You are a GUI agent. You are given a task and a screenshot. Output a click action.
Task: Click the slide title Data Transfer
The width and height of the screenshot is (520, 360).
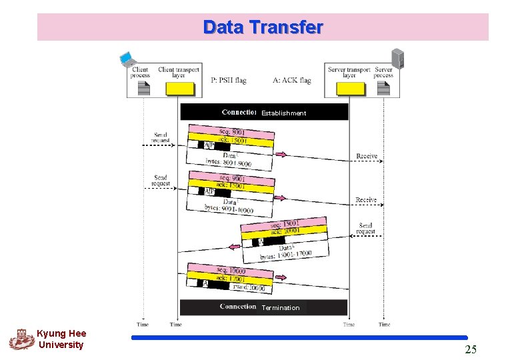263,27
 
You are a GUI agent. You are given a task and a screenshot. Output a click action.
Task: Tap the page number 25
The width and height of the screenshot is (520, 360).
471,349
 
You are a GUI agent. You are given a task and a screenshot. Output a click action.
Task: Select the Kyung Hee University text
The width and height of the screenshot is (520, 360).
61,339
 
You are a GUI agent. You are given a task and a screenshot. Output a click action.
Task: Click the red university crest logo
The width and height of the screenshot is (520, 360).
21,339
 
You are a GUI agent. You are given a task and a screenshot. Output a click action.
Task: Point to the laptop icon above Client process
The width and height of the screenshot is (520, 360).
127,59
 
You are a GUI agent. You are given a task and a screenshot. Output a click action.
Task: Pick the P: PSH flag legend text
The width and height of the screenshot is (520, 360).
229,81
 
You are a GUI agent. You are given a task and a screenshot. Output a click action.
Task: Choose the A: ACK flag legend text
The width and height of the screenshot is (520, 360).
292,81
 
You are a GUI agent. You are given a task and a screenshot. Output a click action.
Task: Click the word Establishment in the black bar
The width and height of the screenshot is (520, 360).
283,113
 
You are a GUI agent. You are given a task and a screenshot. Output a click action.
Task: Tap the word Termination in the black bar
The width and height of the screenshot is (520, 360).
280,308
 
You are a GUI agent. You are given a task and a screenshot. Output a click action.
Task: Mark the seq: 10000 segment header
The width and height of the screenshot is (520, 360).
231,270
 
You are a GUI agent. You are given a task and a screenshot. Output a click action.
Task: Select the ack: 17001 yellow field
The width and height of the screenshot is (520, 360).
231,277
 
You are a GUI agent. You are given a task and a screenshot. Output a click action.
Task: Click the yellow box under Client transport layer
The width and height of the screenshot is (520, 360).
180,89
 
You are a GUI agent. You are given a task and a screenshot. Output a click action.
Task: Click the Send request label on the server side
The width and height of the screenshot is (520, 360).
365,229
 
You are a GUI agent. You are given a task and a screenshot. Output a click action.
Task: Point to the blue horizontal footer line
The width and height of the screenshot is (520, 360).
299,338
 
